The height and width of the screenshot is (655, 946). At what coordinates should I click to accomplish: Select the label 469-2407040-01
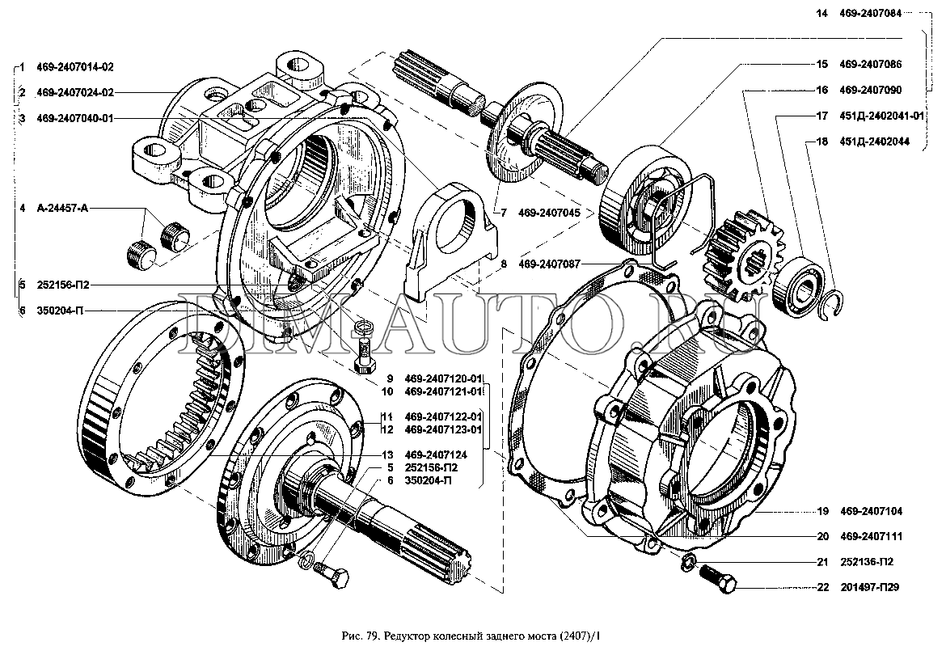pos(75,118)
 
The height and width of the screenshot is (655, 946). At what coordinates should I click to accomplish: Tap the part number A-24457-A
pos(62,209)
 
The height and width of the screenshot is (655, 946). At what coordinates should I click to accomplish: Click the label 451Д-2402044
pos(874,141)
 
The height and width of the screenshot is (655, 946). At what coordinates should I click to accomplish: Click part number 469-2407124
pos(436,454)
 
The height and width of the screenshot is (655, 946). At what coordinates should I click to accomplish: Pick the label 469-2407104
pos(871,511)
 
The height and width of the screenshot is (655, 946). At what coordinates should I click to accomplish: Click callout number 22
pos(823,587)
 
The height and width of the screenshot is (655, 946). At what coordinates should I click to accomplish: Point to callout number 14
pos(822,14)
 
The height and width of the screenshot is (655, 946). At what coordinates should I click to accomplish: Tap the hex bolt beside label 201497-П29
pos(715,577)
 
